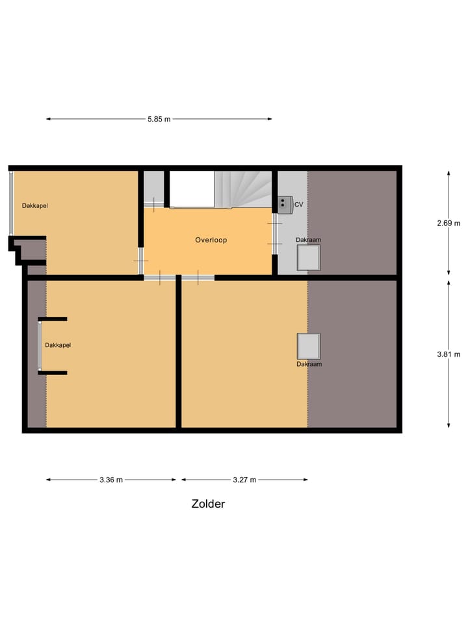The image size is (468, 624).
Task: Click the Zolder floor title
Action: [x=208, y=504]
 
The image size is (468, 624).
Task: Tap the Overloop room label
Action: [x=211, y=240]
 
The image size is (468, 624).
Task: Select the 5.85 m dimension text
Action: [x=159, y=119]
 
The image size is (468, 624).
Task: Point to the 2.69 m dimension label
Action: [x=448, y=223]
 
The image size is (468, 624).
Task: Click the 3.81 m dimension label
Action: [x=448, y=354]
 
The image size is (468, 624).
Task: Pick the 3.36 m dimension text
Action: [x=111, y=480]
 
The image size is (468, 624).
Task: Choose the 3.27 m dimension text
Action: [x=244, y=480]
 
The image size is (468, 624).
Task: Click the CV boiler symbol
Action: [x=284, y=204]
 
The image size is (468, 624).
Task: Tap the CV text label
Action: [x=299, y=205]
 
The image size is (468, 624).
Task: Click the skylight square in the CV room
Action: [x=309, y=257]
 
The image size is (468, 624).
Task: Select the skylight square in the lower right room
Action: [x=309, y=346]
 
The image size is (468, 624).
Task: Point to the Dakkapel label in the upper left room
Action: [x=35, y=206]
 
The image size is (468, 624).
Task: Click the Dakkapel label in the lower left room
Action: [x=57, y=345]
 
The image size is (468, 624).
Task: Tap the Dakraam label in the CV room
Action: [x=309, y=240]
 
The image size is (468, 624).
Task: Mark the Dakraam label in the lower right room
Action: [x=309, y=364]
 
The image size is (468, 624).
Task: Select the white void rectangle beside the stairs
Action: [x=192, y=189]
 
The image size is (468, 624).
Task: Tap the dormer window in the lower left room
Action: [x=40, y=346]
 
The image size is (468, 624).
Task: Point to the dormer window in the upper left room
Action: [x=10, y=203]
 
